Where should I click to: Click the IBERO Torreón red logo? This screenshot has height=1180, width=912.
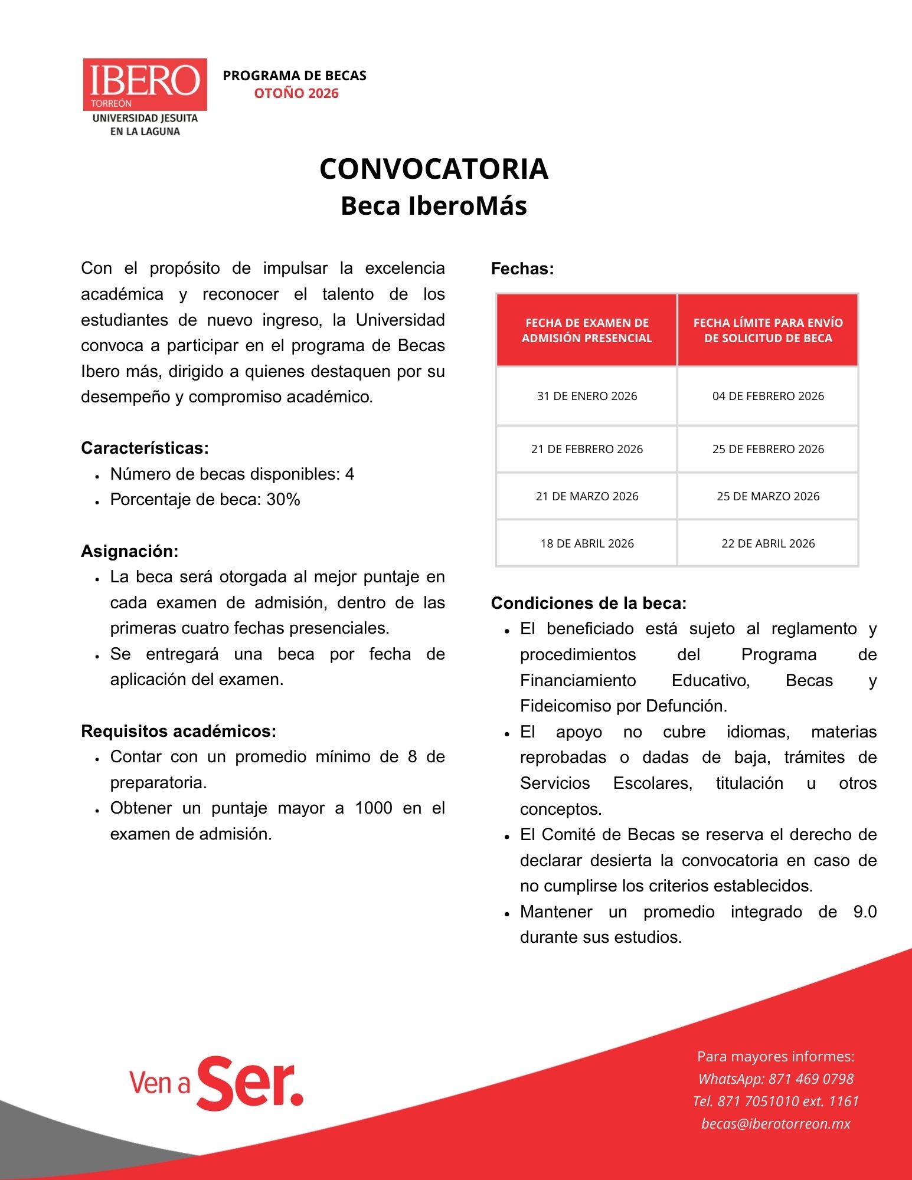coord(145,84)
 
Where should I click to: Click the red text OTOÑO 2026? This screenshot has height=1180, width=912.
coord(296,93)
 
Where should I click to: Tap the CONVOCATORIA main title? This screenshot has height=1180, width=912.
coord(434,169)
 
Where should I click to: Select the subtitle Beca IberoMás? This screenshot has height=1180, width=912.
coord(434,206)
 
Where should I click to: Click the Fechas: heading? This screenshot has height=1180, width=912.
coord(522,269)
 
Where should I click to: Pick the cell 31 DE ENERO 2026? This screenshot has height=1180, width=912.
coord(587,396)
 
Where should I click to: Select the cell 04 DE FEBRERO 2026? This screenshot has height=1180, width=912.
coord(768,396)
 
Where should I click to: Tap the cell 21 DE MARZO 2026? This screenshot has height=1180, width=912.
coord(587,496)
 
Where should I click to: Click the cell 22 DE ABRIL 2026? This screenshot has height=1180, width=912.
coord(768,543)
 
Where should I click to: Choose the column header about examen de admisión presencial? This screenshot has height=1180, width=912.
coord(587,330)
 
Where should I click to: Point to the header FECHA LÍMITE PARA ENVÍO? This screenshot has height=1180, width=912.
coord(768,323)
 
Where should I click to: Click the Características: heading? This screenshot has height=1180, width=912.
coord(145,448)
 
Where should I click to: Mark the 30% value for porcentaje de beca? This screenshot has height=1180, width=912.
coord(283,500)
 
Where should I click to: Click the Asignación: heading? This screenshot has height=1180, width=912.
coord(129,552)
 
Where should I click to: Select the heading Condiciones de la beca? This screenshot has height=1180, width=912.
coord(589,603)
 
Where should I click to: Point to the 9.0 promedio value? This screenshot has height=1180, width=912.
coord(865,912)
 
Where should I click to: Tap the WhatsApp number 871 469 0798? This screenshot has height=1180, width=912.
coord(811,1079)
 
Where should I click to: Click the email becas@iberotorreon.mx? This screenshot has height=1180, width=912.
coord(776,1124)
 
